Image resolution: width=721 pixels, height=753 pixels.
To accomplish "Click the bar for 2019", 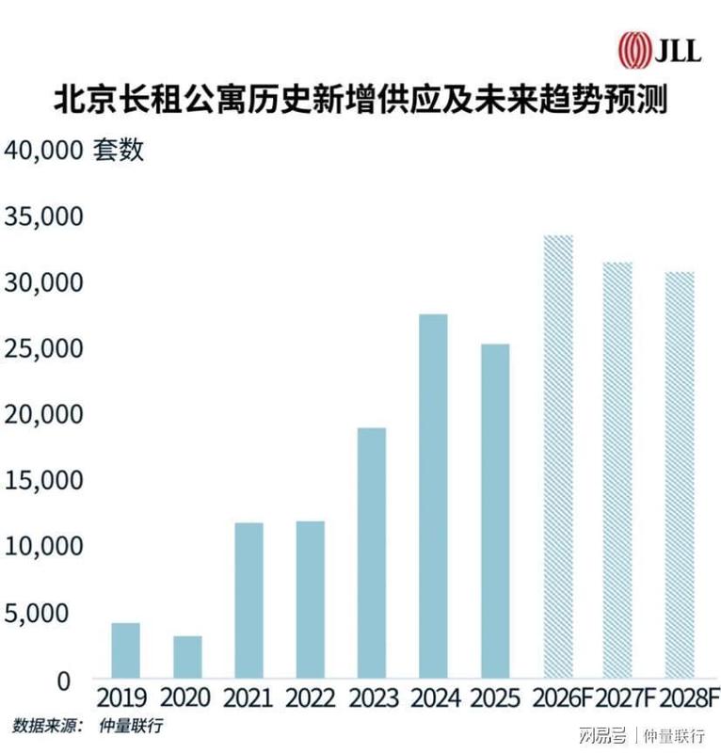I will pyautogui.click(x=125, y=649).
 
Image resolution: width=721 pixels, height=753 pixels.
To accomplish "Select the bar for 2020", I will pyautogui.click(x=186, y=656).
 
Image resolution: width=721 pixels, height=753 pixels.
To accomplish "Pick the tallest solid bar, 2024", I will pyautogui.click(x=432, y=495).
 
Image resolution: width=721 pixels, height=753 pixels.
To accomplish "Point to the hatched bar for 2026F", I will pyautogui.click(x=556, y=456).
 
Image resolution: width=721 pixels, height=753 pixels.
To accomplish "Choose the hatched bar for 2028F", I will pyautogui.click(x=679, y=474).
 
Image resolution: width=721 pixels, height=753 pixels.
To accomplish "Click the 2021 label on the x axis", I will pyautogui.click(x=248, y=699).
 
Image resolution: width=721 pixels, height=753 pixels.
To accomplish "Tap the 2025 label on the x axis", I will pyautogui.click(x=494, y=699).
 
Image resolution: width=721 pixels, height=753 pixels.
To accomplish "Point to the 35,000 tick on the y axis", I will pyautogui.click(x=45, y=217).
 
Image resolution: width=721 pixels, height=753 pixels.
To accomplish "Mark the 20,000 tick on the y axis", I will pyautogui.click(x=45, y=415).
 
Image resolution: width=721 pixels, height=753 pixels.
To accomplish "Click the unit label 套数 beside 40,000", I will pyautogui.click(x=119, y=151).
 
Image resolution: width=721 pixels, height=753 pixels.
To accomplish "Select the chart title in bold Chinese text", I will pyautogui.click(x=360, y=98).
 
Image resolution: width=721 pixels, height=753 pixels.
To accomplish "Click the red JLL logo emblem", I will pyautogui.click(x=633, y=48).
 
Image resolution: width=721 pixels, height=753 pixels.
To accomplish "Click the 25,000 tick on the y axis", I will pyautogui.click(x=45, y=349).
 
